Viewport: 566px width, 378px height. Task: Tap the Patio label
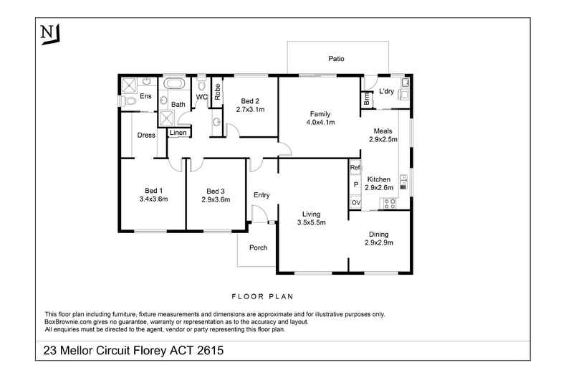tap(337, 59)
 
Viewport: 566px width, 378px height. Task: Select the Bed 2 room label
tap(250, 101)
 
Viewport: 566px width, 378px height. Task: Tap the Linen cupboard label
tap(178, 133)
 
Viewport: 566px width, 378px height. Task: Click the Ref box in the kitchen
tap(355, 168)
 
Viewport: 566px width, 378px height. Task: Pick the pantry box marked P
tap(355, 185)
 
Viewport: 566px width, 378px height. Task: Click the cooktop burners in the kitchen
tap(390, 203)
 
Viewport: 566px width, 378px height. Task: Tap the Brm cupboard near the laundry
tap(367, 101)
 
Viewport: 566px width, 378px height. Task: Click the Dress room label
tap(147, 135)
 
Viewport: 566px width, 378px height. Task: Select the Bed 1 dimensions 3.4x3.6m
tap(153, 199)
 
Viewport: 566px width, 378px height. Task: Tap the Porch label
tap(258, 248)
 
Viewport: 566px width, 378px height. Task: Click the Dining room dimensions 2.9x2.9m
tap(379, 242)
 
